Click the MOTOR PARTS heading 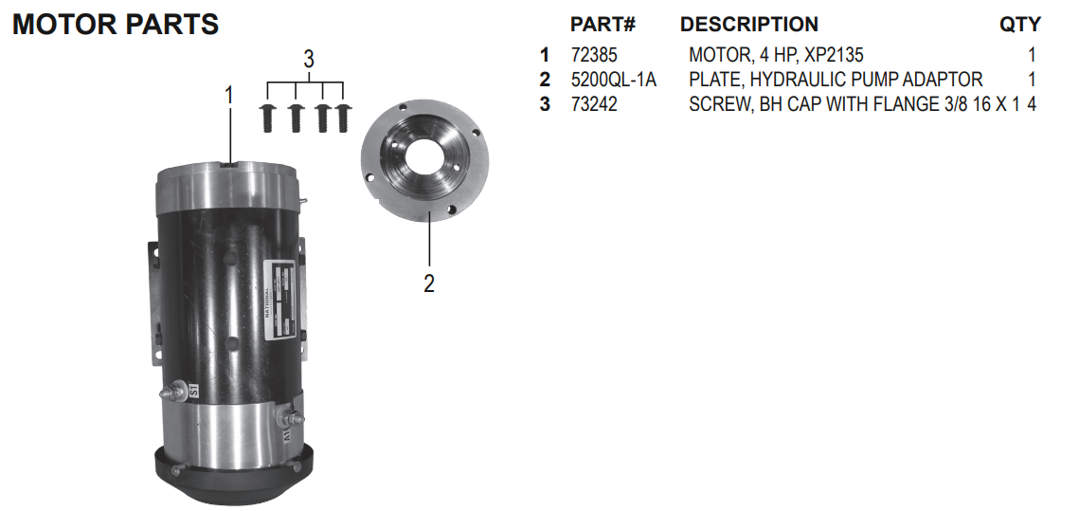pos(116,25)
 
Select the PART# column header pos(602,25)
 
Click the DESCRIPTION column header pos(748,25)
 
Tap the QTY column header pos(1019,25)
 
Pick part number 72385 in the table pos(594,56)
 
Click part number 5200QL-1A pos(613,81)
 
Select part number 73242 pos(594,105)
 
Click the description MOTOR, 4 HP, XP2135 pos(776,56)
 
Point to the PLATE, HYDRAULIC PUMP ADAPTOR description pos(836,81)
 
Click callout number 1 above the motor pos(228,95)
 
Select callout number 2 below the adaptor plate pos(429,283)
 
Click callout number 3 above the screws pos(308,59)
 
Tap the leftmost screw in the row pos(269,119)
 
